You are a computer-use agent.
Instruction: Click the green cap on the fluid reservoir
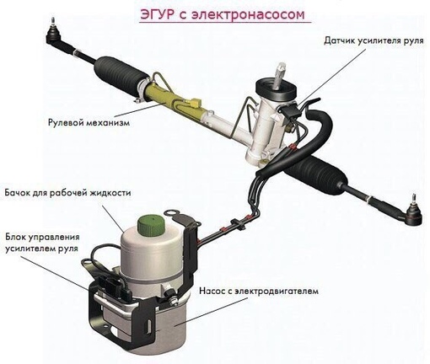pyautogui.click(x=151, y=224)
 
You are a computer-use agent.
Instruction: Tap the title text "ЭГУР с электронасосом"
pyautogui.click(x=223, y=14)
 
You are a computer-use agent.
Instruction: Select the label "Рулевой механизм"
pyautogui.click(x=89, y=123)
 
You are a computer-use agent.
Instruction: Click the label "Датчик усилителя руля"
pyautogui.click(x=374, y=40)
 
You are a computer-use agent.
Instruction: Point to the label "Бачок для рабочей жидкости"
pyautogui.click(x=67, y=193)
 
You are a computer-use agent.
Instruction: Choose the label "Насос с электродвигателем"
pyautogui.click(x=259, y=291)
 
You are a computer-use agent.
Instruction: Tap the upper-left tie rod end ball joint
pyautogui.click(x=53, y=35)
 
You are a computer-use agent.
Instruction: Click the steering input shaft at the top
pyautogui.click(x=279, y=75)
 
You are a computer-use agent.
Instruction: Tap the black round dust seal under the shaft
pyautogui.click(x=276, y=90)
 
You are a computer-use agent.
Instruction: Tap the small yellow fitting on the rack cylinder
pyautogui.click(x=195, y=102)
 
